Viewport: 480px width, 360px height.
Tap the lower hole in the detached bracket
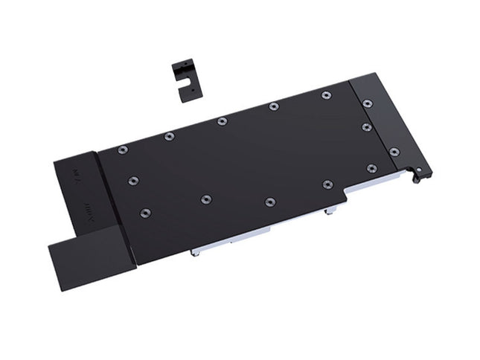click(191, 90)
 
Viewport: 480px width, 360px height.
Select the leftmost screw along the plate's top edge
click(123, 150)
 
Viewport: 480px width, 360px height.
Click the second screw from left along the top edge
click(169, 135)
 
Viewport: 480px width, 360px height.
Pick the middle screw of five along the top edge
click(222, 121)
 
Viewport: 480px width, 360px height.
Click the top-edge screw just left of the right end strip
click(326, 94)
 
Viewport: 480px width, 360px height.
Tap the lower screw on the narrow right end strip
click(394, 152)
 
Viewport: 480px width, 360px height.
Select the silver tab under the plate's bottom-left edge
click(195, 251)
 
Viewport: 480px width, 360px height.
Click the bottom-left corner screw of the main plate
click(144, 213)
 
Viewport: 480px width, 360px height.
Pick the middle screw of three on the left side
click(133, 181)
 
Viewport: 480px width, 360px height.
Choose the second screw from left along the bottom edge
click(206, 199)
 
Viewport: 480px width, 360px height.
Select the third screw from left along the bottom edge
click(269, 202)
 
